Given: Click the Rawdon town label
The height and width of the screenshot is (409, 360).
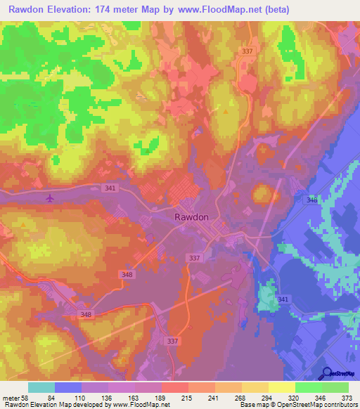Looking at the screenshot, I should tap(191, 217).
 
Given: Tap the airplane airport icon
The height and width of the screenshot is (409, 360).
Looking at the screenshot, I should tap(50, 199).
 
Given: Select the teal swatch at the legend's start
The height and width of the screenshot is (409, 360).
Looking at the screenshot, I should tap(41, 387).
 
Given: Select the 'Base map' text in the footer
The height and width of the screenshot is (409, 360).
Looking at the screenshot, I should tap(252, 405).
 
